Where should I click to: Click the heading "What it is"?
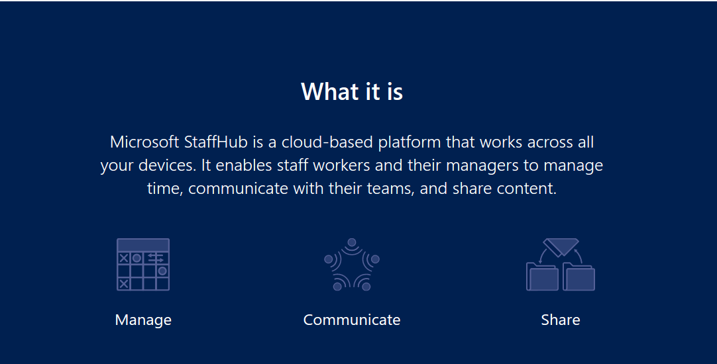pyautogui.click(x=352, y=91)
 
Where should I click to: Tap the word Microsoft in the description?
pyautogui.click(x=144, y=142)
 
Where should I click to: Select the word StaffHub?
pyautogui.click(x=216, y=142)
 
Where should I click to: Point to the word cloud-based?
pyautogui.click(x=327, y=142)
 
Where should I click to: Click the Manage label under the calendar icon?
pyautogui.click(x=143, y=320)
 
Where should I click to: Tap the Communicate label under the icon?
pyautogui.click(x=352, y=320)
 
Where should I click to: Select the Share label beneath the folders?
pyautogui.click(x=561, y=320)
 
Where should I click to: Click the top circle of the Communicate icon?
pyautogui.click(x=352, y=242)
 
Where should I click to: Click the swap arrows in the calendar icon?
pyautogui.click(x=156, y=258)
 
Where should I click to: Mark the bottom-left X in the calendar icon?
pyautogui.click(x=123, y=284)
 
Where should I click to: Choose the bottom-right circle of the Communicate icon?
pyautogui.click(x=366, y=287)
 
